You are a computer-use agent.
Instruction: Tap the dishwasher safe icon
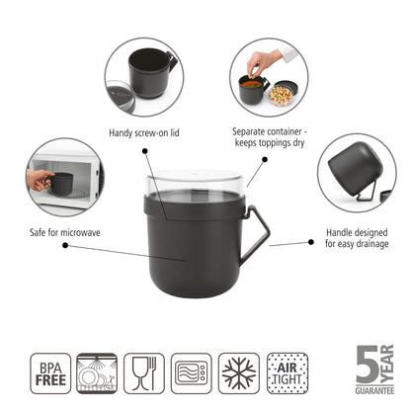[x=97, y=374]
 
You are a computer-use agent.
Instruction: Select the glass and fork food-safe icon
[x=144, y=374]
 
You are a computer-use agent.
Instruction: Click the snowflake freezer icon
[x=238, y=374]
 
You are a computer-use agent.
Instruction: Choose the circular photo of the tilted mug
[x=357, y=172]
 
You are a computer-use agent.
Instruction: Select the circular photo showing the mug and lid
[x=144, y=77]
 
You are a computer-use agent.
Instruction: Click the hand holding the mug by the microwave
[x=40, y=181]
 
